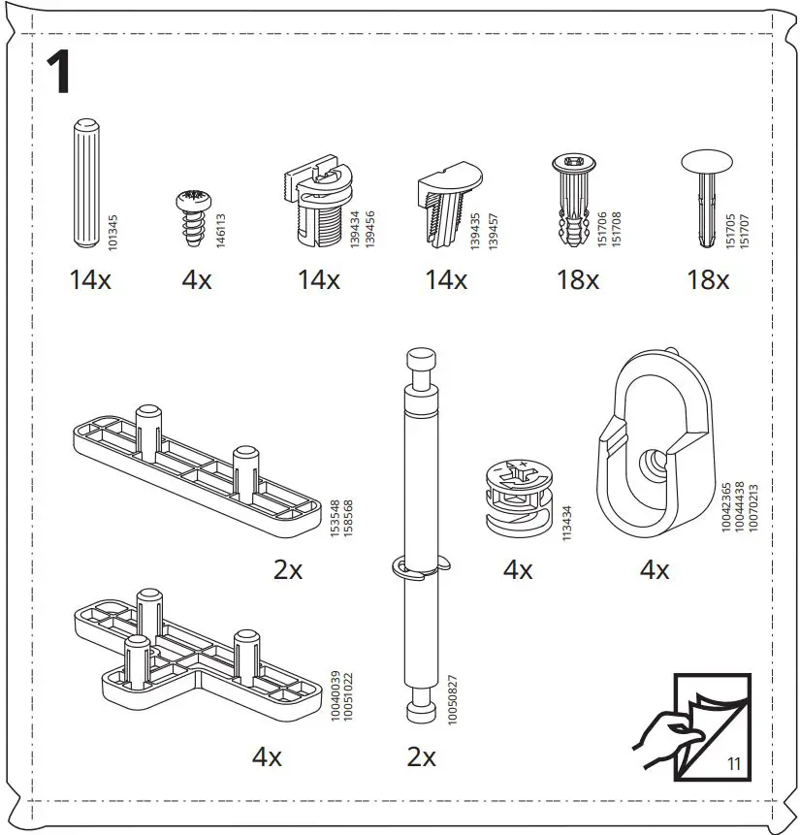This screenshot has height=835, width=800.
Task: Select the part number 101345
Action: point(113,234)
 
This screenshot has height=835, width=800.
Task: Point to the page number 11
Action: point(732,764)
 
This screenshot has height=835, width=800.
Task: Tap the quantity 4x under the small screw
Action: point(197,281)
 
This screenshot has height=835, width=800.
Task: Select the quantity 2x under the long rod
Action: point(421,757)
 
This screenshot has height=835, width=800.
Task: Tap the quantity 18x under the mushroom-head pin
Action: point(708,281)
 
